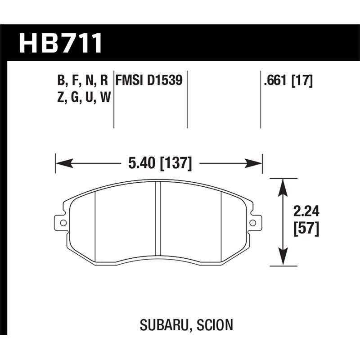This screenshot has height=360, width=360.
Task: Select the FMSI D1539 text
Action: [149, 81]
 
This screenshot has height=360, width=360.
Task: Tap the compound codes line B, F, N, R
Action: [83, 81]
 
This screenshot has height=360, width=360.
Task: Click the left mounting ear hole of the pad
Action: [63, 222]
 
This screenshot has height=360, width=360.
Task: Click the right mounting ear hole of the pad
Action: [253, 222]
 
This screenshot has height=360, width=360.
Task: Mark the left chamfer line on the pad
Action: [95, 220]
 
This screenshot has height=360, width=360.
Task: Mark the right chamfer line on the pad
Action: [221, 220]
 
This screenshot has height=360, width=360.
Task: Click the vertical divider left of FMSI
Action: [113, 99]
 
